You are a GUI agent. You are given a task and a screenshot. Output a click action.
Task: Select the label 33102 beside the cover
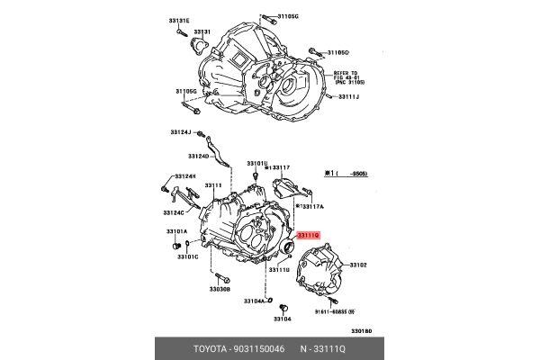(358, 265)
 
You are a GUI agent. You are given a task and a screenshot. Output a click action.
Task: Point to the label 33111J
(349, 96)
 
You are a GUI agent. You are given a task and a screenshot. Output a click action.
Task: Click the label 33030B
(220, 290)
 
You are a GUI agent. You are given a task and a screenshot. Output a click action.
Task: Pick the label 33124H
(184, 176)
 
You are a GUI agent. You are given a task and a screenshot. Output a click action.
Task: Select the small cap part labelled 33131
(196, 43)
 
